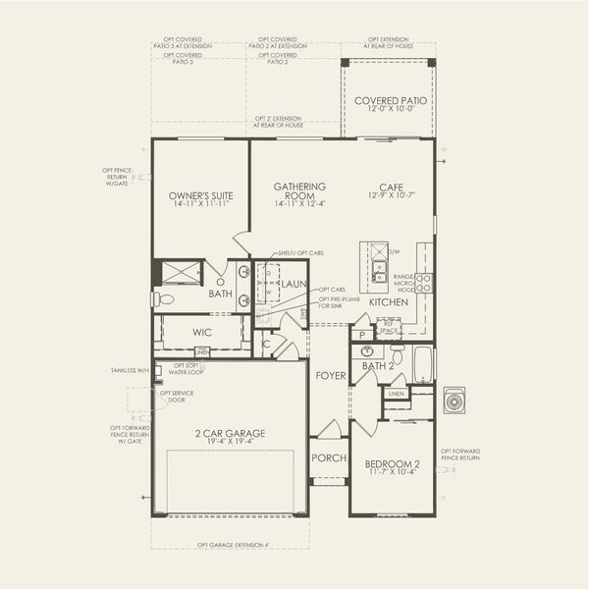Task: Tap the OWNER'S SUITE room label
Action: [x=200, y=197]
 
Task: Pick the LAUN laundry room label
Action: [x=294, y=284]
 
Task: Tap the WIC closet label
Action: [x=203, y=333]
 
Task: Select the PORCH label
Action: [x=325, y=457]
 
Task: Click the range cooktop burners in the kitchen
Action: [x=424, y=284]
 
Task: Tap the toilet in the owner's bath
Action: [x=163, y=299]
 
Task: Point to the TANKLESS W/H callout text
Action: [x=131, y=371]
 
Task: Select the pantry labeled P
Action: [x=363, y=336]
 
